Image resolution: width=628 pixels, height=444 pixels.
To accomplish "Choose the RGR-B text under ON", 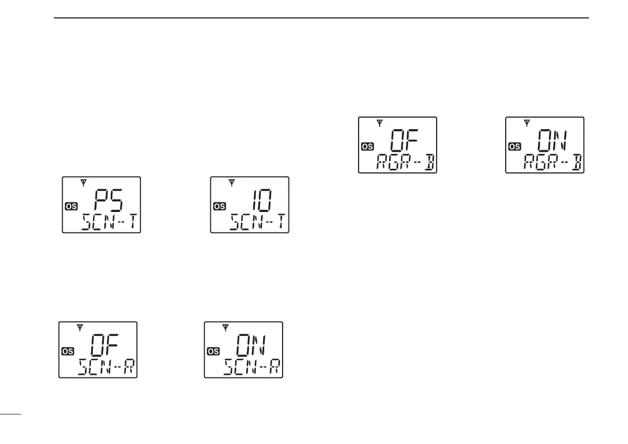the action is coord(551,163).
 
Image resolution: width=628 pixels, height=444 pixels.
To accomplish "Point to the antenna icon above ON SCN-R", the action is coord(226,327).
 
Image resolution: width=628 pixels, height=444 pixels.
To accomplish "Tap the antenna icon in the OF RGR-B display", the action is coord(379,123).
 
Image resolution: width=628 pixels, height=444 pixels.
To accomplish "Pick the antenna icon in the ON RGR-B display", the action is coord(526,123).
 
